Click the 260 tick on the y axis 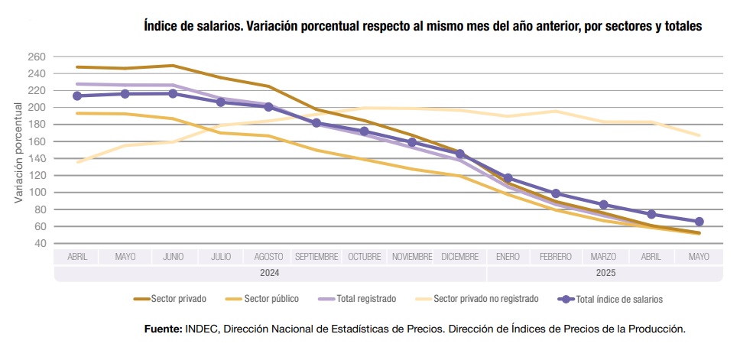[x=37, y=57]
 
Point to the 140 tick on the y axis [x=37, y=159]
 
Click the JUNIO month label [x=173, y=257]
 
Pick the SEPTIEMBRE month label [x=316, y=257]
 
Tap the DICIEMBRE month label [x=459, y=257]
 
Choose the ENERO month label [x=508, y=257]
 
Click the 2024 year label [x=269, y=273]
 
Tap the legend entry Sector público [x=271, y=299]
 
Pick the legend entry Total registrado [x=366, y=299]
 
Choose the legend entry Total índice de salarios [x=618, y=299]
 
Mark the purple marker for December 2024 [x=459, y=154]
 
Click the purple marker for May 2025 [x=699, y=222]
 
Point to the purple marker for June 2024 [x=173, y=93]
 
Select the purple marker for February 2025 [x=556, y=193]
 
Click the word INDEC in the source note [x=201, y=329]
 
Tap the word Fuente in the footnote [x=163, y=329]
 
